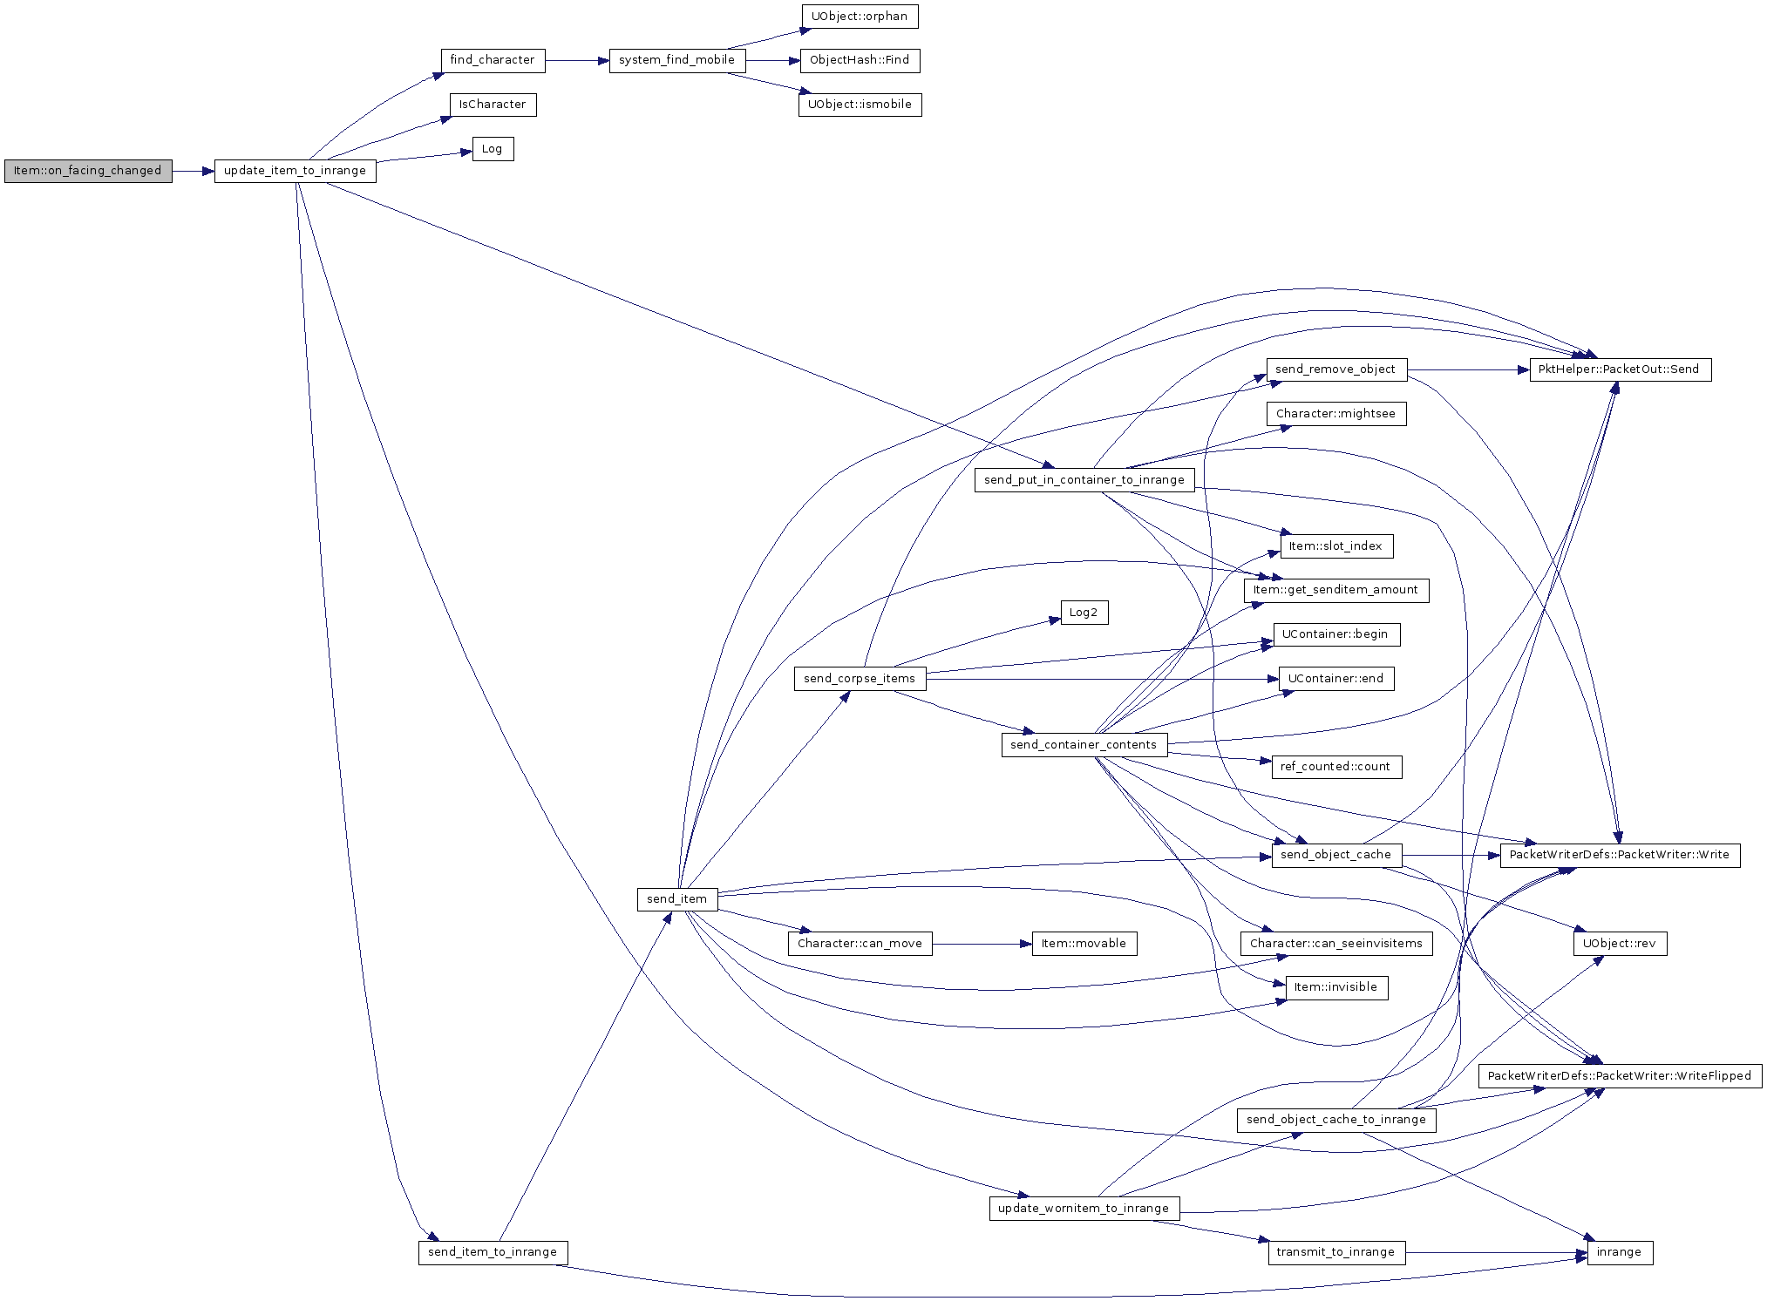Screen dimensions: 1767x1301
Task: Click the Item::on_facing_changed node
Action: click(88, 171)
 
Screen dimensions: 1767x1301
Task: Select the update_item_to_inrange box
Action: click(295, 171)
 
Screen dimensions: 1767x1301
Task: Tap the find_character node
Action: click(493, 60)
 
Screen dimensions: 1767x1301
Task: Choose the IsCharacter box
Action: click(493, 105)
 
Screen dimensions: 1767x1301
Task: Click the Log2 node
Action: click(1084, 613)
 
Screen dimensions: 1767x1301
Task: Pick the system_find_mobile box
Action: click(677, 60)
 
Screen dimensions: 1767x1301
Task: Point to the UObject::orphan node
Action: click(860, 17)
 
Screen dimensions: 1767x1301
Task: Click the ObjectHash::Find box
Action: click(860, 60)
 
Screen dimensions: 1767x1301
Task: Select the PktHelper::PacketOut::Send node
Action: click(1619, 369)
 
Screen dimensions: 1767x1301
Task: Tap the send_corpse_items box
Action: click(860, 679)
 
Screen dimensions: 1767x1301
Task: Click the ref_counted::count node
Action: click(1335, 767)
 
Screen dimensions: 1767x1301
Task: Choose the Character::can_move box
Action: click(860, 944)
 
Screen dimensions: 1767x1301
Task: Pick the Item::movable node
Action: click(1084, 944)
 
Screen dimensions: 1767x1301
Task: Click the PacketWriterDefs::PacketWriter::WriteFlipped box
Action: click(1620, 1076)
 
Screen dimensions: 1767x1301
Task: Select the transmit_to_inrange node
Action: click(1335, 1252)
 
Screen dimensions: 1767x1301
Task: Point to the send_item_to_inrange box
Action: click(493, 1252)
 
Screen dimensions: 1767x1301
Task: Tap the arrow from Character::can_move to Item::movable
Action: click(982, 944)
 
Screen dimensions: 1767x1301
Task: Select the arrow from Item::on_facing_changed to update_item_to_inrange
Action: click(194, 171)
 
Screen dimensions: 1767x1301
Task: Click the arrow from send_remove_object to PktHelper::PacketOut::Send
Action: click(1469, 369)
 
